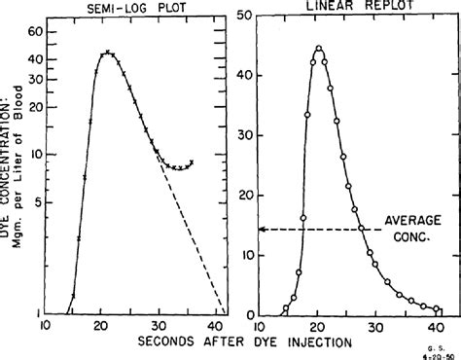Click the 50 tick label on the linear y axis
[250, 15]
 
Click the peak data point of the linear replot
[318, 48]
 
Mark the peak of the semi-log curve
[108, 53]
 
